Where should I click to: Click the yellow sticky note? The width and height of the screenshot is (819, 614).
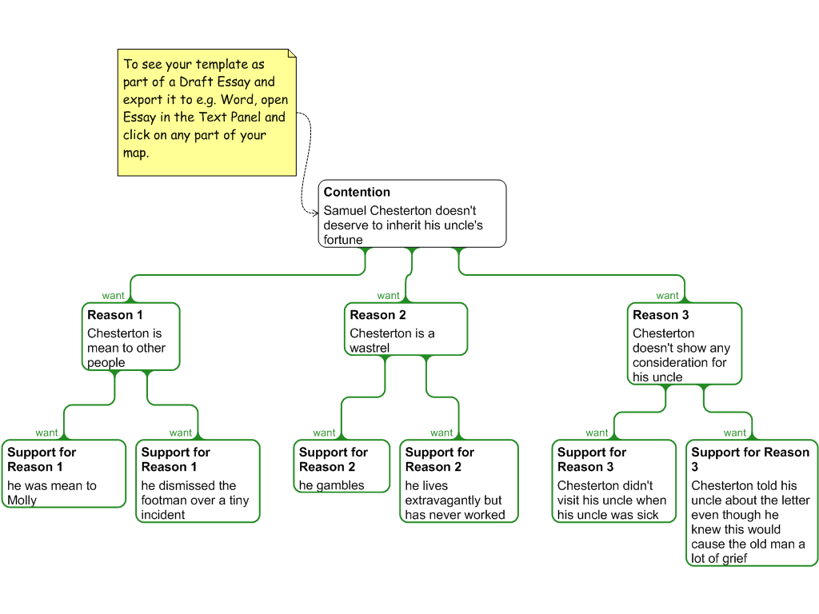coord(207,112)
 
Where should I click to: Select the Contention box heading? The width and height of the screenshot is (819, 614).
coord(357,192)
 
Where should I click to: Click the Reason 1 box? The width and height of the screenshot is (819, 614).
coord(131,337)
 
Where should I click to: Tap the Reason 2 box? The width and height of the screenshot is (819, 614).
coord(406,329)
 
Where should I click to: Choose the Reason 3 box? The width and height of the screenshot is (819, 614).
coord(685,344)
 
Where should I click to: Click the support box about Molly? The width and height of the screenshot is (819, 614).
coord(64,473)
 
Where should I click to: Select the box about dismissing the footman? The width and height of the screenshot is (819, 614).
coord(198,481)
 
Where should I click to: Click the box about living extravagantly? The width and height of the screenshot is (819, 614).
coord(459,481)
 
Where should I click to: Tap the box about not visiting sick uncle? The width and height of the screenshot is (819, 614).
coord(614,481)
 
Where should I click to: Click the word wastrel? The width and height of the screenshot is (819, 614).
coord(370,349)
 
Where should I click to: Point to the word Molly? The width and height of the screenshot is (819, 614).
coord(22,500)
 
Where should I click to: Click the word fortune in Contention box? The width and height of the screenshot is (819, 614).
coord(343,240)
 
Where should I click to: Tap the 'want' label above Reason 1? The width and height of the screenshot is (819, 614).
coord(113,296)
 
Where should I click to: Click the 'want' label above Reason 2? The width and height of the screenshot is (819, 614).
coord(388,296)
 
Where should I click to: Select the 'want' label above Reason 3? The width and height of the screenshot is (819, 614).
coord(667,296)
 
